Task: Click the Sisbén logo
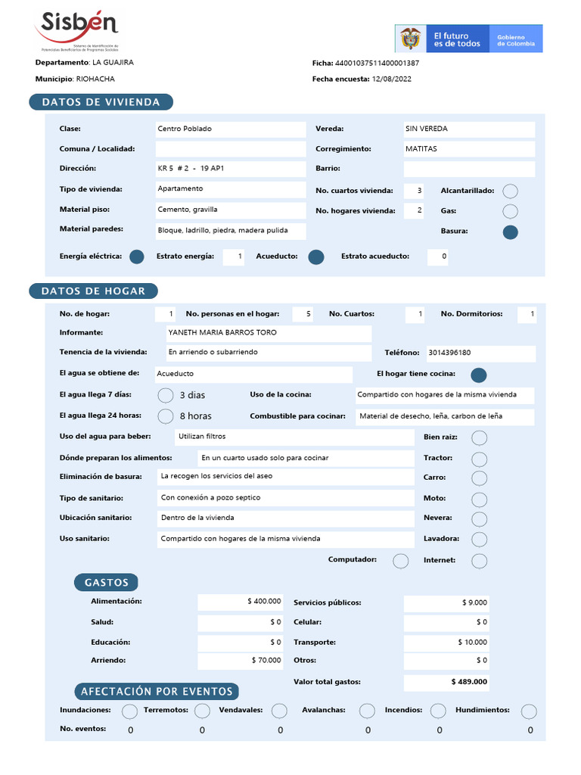point(76,29)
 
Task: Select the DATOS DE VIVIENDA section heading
point(101,102)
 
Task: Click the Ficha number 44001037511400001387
point(377,63)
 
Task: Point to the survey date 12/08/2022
point(393,79)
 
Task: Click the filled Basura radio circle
point(511,232)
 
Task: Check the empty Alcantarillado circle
point(511,191)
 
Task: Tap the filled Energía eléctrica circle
point(137,257)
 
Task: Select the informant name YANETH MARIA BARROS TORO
point(222,333)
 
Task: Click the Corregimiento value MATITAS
point(421,149)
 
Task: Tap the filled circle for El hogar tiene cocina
point(479,375)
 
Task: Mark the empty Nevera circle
point(479,519)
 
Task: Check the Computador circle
point(401,561)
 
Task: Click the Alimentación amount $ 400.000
point(264,602)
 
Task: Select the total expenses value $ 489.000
point(469,682)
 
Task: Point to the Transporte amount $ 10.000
point(472,643)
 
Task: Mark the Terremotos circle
point(202,711)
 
